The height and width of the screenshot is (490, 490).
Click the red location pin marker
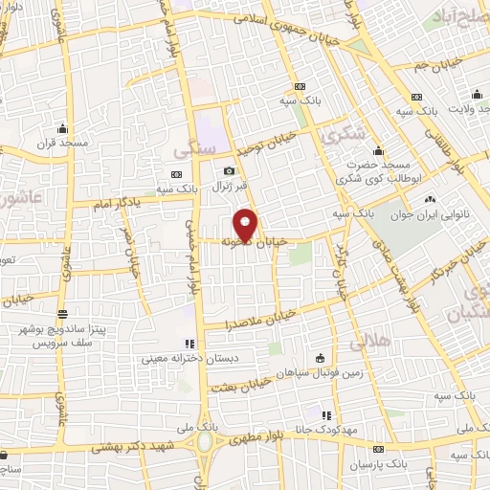pos(246,226)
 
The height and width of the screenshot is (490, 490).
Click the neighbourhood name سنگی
pos(189,150)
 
